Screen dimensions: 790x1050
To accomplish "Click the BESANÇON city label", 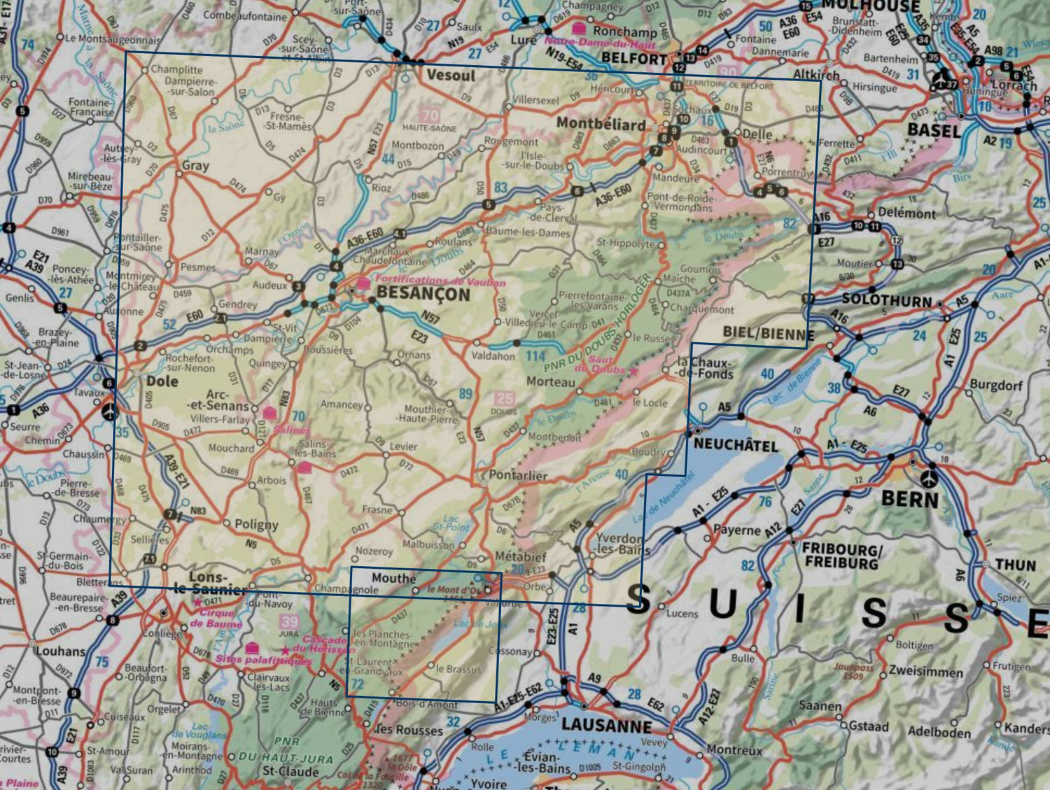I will tap(423, 295).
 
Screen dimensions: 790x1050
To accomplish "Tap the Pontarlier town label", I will tap(518, 475).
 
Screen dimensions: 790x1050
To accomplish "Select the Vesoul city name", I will tap(450, 75).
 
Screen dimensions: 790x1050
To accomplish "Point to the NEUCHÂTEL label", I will tap(735, 445).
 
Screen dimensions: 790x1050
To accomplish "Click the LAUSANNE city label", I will tap(606, 726).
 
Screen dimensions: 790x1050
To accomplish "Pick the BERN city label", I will tap(909, 499).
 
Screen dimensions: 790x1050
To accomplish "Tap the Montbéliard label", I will tap(601, 124).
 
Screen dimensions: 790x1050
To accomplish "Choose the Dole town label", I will tap(162, 381).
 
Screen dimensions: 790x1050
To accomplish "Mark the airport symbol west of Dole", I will tap(108, 412).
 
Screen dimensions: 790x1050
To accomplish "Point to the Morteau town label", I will tap(550, 382).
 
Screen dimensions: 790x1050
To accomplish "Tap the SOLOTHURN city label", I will tap(886, 300).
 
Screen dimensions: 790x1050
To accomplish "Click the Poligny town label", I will tap(256, 525).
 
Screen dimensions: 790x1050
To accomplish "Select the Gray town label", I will tap(195, 166).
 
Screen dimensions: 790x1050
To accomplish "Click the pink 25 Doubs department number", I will tap(505, 399).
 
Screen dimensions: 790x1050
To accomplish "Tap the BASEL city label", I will tap(934, 130).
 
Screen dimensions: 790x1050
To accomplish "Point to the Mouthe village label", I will tap(393, 578).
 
